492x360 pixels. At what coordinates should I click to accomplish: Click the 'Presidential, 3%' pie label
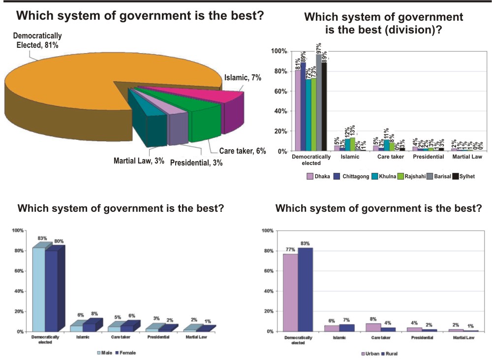tap(196, 163)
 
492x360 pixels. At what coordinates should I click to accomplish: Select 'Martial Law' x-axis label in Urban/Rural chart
tap(463, 338)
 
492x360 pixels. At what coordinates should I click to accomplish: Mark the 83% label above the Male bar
tap(42, 238)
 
